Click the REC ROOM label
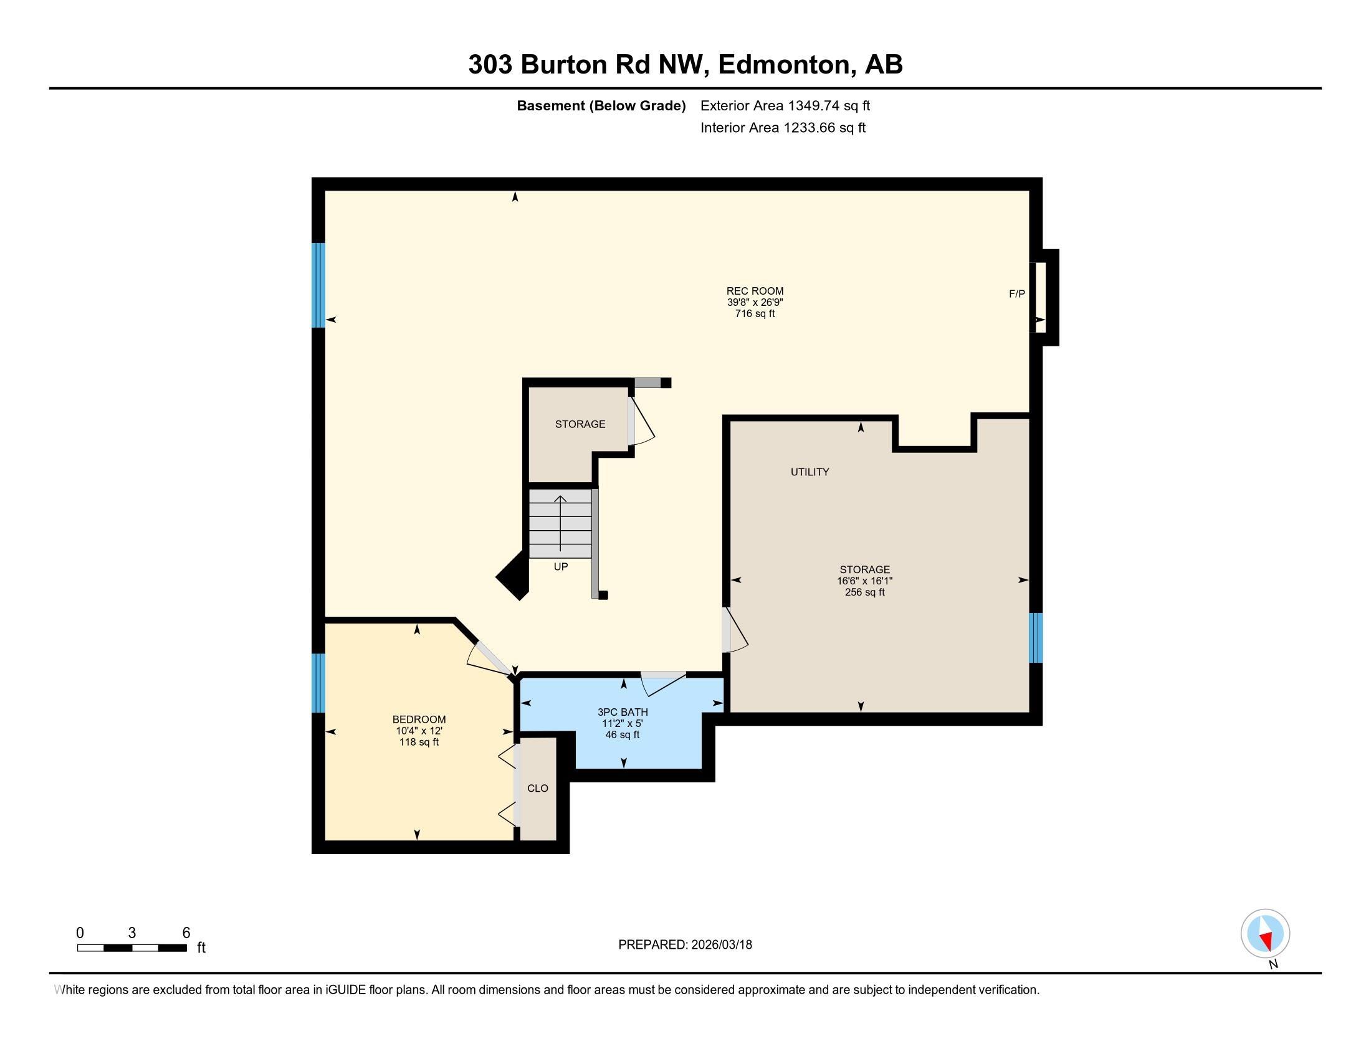click(x=755, y=291)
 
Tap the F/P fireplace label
click(x=1017, y=293)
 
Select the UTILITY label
click(x=810, y=472)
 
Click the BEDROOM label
click(x=419, y=719)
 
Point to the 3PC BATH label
click(x=623, y=712)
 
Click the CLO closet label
click(x=538, y=788)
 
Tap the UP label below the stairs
click(x=561, y=566)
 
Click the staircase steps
click(x=561, y=523)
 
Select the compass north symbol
click(x=1266, y=934)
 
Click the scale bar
click(x=132, y=947)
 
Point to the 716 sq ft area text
click(x=755, y=314)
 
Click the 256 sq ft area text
click(x=865, y=592)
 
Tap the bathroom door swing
click(x=663, y=683)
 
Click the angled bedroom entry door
click(x=490, y=658)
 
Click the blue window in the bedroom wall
click(x=319, y=683)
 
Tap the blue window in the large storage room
click(x=1036, y=638)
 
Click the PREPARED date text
click(x=685, y=945)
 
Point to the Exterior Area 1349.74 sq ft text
click(x=785, y=105)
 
